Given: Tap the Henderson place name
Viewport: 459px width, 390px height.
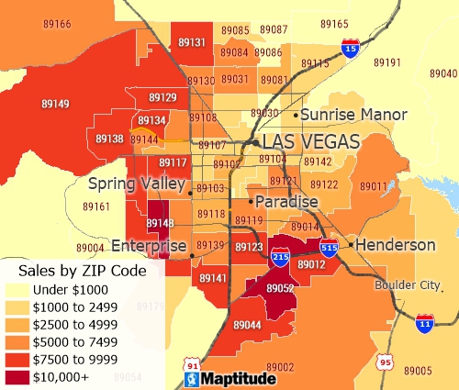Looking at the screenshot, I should [x=395, y=245].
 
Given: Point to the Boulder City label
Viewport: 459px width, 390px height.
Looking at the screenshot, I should [x=408, y=284].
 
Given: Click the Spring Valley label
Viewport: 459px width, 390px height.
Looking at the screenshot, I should [x=137, y=184].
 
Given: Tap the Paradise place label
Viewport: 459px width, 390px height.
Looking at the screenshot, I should [x=286, y=201].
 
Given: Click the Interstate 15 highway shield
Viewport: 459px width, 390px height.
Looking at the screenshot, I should [x=351, y=48].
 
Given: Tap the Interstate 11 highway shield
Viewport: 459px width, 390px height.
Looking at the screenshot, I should [x=423, y=324].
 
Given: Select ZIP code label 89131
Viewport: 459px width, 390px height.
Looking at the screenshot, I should [x=192, y=42].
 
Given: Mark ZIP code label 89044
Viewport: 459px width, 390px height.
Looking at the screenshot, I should [x=247, y=325].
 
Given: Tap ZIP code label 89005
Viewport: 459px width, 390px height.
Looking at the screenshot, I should [x=417, y=370].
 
